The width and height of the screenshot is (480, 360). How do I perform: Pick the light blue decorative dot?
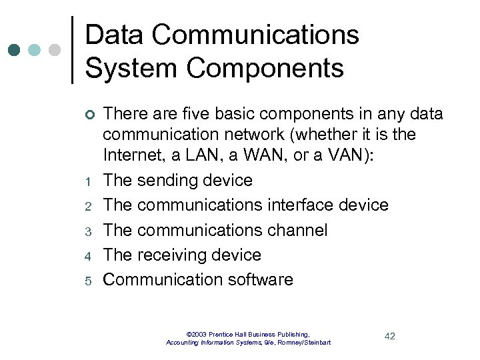tap(35, 51)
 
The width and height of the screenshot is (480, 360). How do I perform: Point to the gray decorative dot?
tap(54, 51)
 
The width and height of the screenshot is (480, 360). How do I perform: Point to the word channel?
tap(296, 231)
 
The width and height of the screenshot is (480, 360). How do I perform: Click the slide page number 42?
tap(389, 336)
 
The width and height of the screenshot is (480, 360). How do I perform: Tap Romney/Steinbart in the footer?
tap(304, 343)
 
